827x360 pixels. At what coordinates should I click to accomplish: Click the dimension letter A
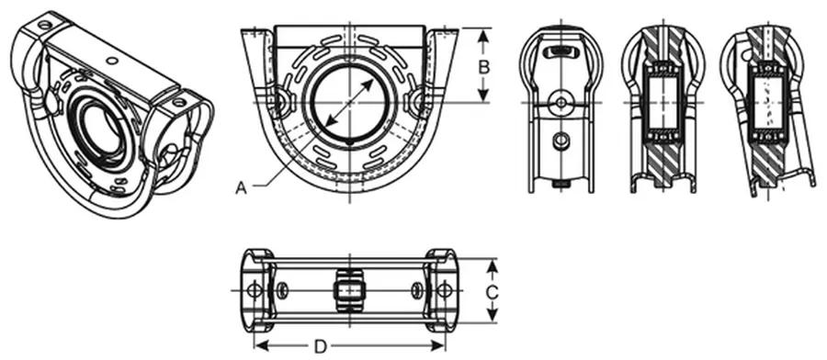click(x=241, y=187)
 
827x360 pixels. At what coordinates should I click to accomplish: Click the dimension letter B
click(x=484, y=67)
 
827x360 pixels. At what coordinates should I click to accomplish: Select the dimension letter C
click(x=492, y=291)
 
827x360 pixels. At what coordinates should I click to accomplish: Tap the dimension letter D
click(x=321, y=346)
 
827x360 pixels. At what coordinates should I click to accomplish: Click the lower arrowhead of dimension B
click(x=483, y=96)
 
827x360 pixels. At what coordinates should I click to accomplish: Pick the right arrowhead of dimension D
click(x=438, y=346)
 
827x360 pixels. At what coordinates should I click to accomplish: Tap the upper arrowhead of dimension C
click(x=493, y=266)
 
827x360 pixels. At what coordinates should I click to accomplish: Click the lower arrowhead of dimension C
click(x=493, y=315)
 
